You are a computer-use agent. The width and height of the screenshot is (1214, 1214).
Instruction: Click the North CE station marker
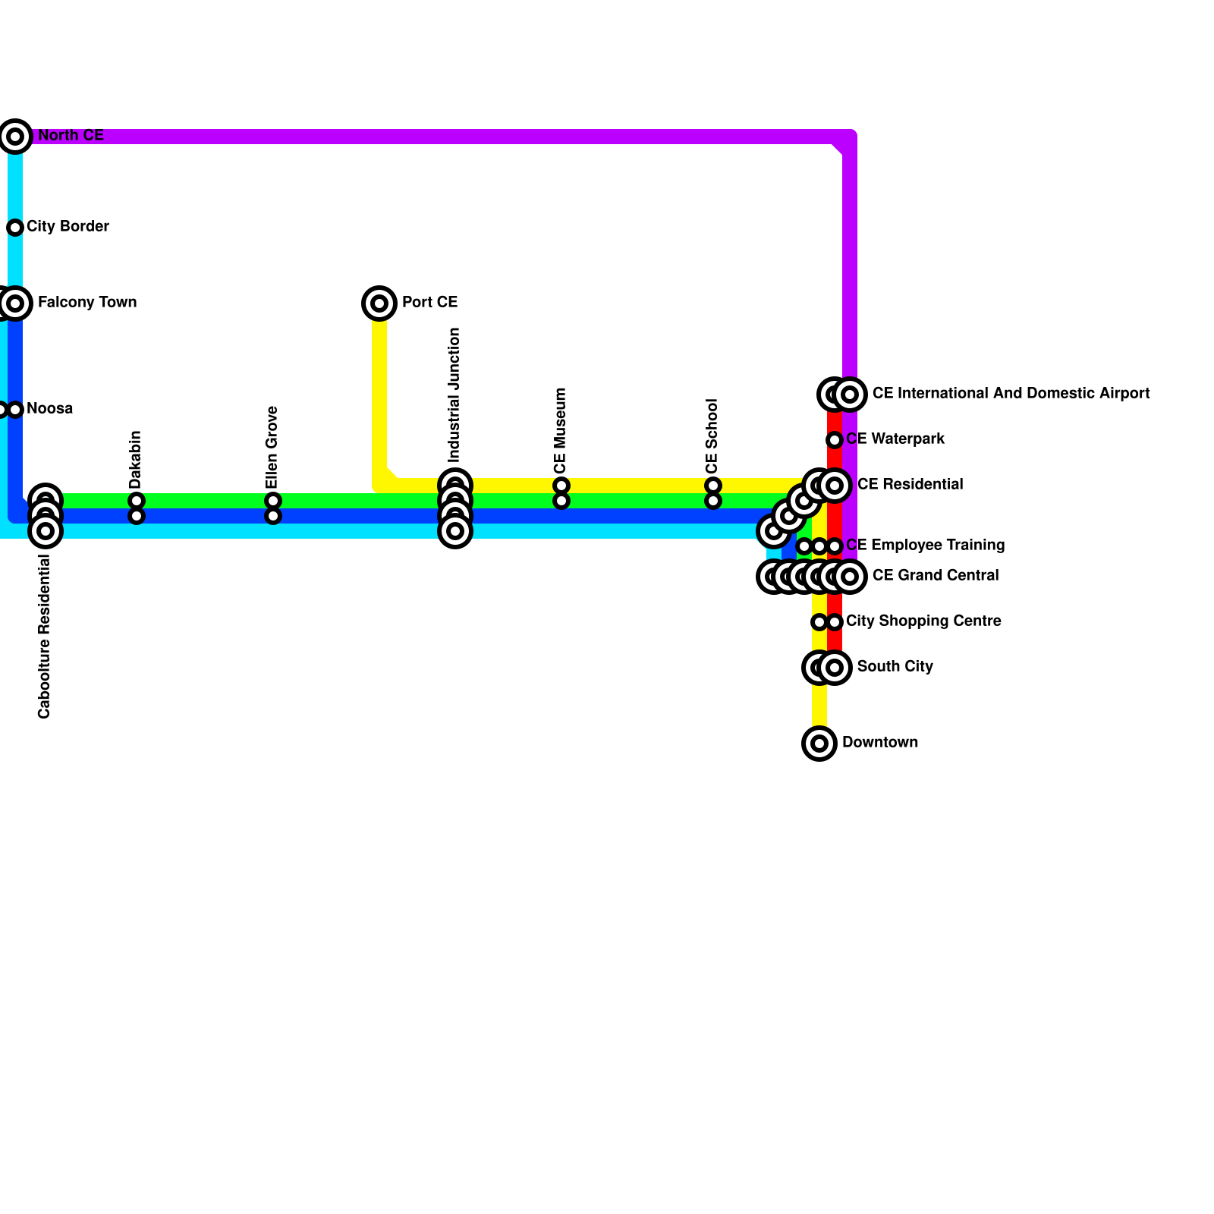(x=15, y=137)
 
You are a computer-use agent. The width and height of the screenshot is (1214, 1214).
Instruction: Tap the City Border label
(x=68, y=227)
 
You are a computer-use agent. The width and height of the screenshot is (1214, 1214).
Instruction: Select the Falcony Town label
(x=87, y=303)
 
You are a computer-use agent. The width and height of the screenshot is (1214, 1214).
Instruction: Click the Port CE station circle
(x=379, y=303)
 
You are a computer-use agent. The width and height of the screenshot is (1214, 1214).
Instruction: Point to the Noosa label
(x=50, y=409)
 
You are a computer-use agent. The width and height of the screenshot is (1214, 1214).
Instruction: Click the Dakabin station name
(x=136, y=460)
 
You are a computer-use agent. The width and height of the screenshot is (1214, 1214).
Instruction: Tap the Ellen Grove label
(x=272, y=448)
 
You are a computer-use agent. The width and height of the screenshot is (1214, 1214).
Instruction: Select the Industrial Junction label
(x=454, y=395)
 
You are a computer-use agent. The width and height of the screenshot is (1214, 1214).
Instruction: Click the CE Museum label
(x=561, y=430)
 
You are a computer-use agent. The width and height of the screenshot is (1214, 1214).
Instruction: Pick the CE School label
(x=712, y=436)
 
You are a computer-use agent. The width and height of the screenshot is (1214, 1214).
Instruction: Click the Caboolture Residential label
(x=44, y=637)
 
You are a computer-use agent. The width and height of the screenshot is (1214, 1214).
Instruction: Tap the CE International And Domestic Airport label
(x=1011, y=394)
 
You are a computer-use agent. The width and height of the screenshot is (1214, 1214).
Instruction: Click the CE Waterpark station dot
(x=835, y=440)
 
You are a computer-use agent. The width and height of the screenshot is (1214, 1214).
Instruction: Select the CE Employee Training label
(x=925, y=546)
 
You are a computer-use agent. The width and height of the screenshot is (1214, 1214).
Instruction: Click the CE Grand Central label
(x=936, y=576)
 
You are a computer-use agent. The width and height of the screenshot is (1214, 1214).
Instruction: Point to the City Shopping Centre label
(x=923, y=621)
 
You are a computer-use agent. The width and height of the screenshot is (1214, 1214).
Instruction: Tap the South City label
(x=895, y=667)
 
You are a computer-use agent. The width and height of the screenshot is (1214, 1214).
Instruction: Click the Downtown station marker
(x=819, y=744)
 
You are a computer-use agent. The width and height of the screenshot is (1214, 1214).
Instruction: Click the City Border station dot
(x=15, y=228)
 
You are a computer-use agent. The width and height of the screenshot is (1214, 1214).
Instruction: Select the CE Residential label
(x=910, y=485)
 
